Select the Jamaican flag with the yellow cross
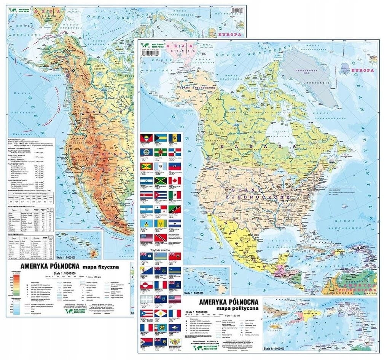161,180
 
